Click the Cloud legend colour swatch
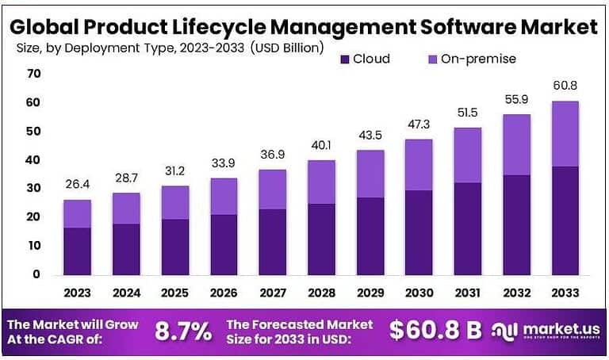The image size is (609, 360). pos(344,59)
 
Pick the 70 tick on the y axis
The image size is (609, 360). pos(33,74)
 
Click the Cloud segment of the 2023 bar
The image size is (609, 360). pos(77,251)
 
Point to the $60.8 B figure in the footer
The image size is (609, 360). pos(435,331)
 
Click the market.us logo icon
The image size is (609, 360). pos(504,331)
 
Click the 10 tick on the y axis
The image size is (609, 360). pos(33,246)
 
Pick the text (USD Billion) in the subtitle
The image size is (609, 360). pos(286,48)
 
